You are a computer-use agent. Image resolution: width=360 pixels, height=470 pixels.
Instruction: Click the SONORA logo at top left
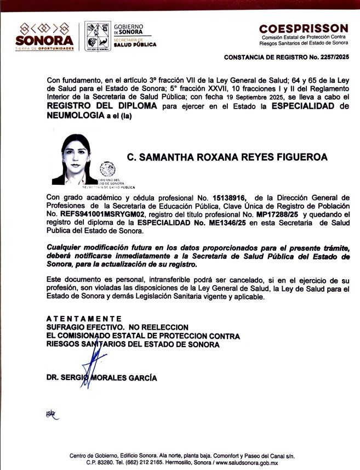click(44, 36)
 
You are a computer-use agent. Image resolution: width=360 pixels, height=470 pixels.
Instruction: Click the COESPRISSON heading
click(303, 29)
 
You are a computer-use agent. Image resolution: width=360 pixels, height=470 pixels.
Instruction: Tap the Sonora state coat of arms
click(98, 36)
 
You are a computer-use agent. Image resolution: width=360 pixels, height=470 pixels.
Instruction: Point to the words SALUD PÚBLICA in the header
click(135, 44)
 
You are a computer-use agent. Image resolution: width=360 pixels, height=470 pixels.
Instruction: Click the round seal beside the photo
click(107, 170)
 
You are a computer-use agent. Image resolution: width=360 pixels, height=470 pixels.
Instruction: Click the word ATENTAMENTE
click(83, 319)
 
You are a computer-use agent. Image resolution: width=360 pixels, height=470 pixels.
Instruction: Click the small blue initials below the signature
click(50, 415)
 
